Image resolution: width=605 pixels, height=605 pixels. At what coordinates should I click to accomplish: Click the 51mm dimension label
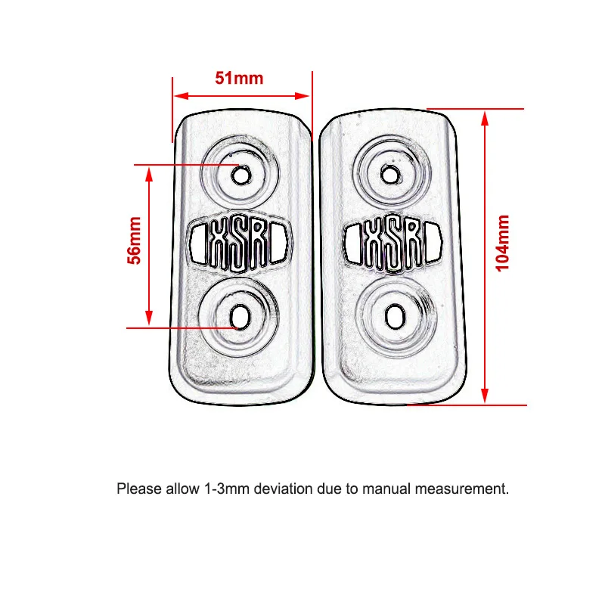pos(239,78)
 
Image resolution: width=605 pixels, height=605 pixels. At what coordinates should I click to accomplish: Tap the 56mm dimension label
pos(135,240)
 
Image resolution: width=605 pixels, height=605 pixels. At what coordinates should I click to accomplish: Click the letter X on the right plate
pos(374,243)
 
